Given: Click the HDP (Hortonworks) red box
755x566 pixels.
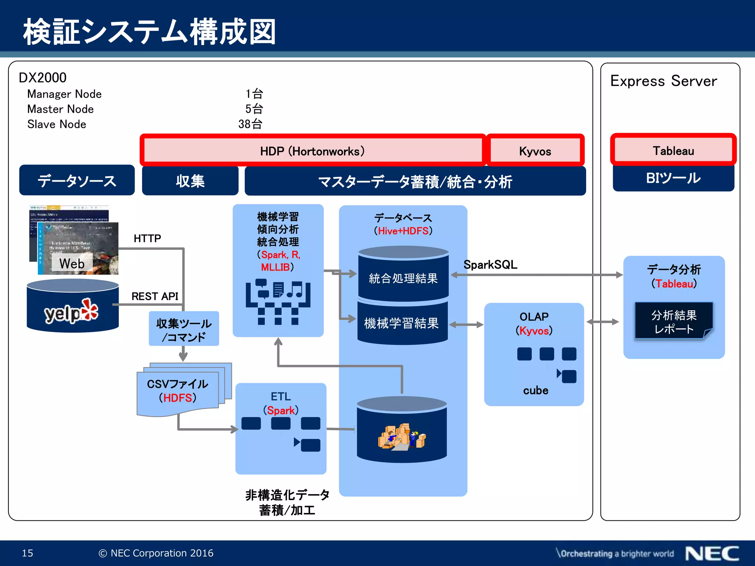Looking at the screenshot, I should [x=312, y=151].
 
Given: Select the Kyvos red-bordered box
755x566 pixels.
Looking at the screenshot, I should [x=535, y=151].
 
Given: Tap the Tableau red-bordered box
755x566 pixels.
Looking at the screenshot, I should [x=673, y=150].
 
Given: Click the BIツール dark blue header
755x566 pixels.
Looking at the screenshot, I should [x=673, y=178].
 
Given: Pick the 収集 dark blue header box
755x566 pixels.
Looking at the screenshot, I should [x=190, y=181].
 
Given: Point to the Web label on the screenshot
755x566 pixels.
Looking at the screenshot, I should [x=72, y=263].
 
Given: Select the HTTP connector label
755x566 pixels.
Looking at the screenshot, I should [x=147, y=238].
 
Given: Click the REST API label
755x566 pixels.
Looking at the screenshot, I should [x=154, y=296].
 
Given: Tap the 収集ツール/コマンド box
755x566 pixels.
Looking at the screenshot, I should [x=184, y=329].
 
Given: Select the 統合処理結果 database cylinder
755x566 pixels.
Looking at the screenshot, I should [x=403, y=278].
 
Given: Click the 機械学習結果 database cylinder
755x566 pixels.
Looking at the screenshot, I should [x=401, y=323].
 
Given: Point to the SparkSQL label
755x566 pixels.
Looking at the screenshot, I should [x=490, y=265].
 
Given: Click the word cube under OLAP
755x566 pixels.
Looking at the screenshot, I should [x=535, y=390].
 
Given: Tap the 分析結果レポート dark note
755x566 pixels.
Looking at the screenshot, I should [x=674, y=321].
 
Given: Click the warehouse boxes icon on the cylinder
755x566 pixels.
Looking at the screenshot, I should [x=401, y=437].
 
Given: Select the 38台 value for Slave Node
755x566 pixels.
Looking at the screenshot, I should [x=250, y=124].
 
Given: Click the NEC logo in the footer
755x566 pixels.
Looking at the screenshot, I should [x=712, y=553].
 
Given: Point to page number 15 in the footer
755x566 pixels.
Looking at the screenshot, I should [x=28, y=553].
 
